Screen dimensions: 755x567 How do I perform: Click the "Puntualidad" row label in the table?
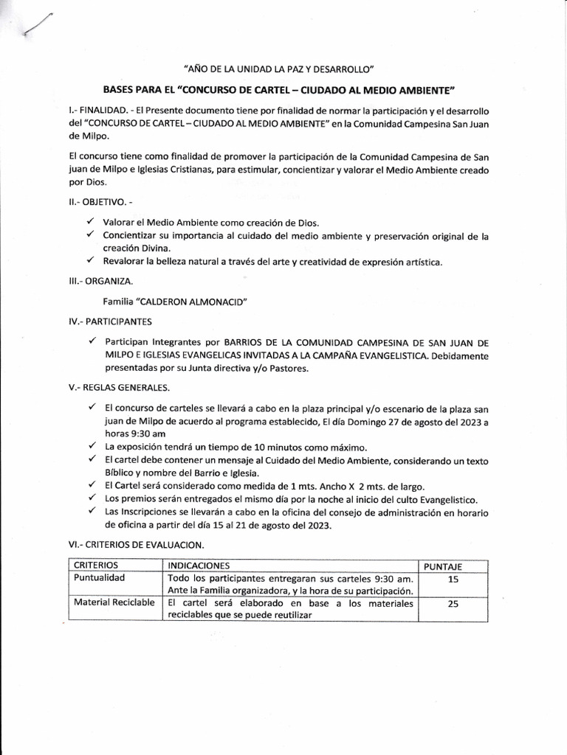pyautogui.click(x=98, y=578)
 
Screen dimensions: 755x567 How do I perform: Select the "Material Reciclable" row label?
pyautogui.click(x=114, y=602)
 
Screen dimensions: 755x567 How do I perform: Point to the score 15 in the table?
pyautogui.click(x=453, y=580)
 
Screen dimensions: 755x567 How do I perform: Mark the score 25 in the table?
pyautogui.click(x=453, y=605)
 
